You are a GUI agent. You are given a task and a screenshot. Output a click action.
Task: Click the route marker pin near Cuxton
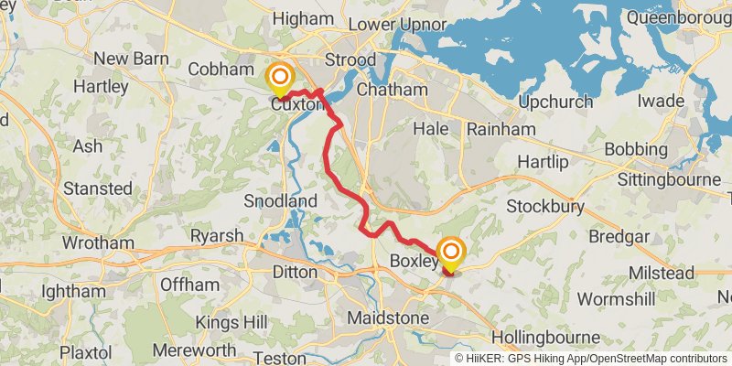pos(279,79)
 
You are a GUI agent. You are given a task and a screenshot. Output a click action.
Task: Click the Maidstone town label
pos(388,318)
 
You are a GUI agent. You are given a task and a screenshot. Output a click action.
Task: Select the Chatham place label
pos(393,91)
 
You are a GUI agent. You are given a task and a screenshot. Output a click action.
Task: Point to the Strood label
pos(350,60)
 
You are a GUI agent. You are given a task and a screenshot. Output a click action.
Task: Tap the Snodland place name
pos(281,201)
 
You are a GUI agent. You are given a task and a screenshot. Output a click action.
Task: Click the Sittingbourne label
pos(669,179)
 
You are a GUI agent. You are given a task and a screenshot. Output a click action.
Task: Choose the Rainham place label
pos(501,130)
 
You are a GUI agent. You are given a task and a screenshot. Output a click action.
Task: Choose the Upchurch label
pos(558,100)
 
